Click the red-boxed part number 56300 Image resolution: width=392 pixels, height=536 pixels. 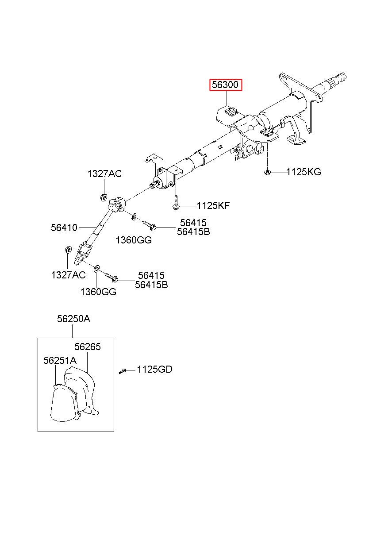point(226,84)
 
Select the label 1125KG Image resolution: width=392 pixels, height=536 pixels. point(304,172)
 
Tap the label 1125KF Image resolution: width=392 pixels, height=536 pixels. point(213,205)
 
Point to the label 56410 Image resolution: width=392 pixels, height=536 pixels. point(64,228)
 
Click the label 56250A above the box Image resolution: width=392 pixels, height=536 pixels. point(73,319)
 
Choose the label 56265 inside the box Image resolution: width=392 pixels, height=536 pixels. point(87,347)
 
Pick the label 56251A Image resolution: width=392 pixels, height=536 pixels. point(60,361)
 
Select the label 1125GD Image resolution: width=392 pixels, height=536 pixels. point(154,369)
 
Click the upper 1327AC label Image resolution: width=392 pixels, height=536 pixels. point(104,174)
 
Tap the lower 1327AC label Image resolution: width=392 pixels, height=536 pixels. point(68,275)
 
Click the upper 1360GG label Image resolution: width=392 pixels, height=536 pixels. point(134,240)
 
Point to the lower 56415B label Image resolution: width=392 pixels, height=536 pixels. point(151,285)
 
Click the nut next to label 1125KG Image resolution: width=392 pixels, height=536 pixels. point(267,172)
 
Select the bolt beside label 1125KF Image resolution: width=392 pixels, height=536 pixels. point(176,203)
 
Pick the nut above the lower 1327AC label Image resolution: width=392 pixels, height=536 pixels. point(68,250)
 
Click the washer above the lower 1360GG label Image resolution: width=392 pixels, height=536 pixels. point(96,268)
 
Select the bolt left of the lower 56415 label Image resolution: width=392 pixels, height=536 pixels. point(111,277)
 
